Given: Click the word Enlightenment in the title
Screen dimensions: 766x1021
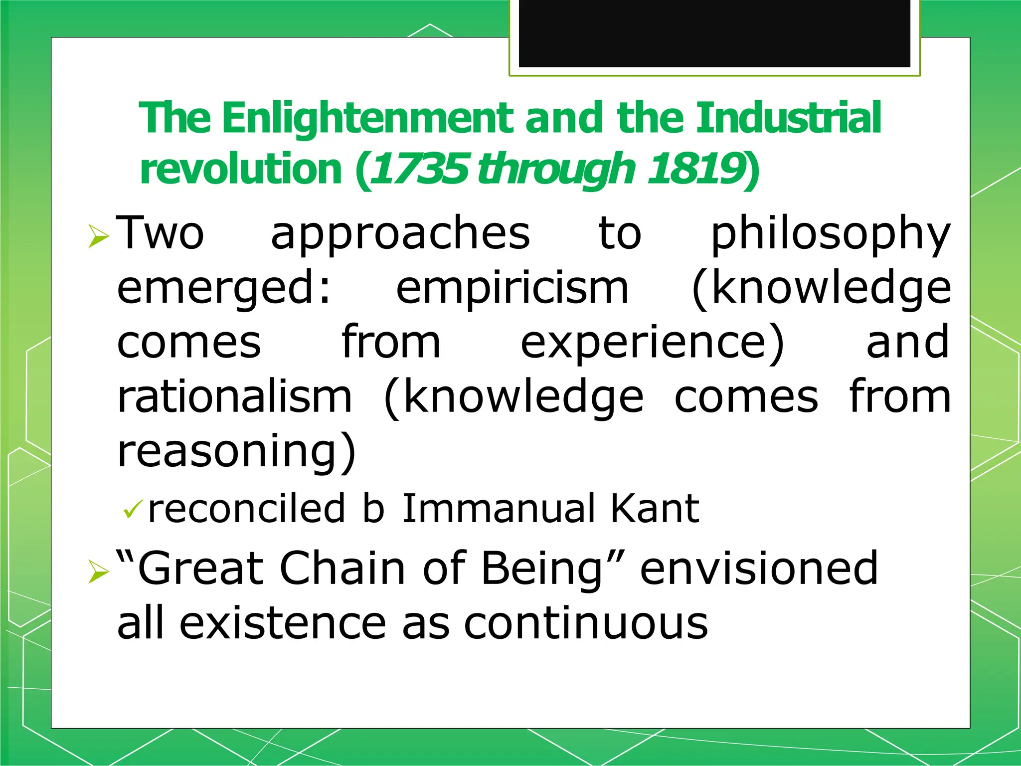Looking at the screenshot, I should pyautogui.click(x=368, y=118).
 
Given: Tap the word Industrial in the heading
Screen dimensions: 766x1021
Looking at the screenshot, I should pyautogui.click(x=788, y=118).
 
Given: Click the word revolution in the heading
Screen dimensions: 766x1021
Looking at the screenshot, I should pyautogui.click(x=241, y=169).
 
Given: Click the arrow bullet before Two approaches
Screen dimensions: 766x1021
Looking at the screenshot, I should pyautogui.click(x=98, y=236).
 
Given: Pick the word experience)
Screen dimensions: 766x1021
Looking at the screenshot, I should pyautogui.click(x=653, y=343).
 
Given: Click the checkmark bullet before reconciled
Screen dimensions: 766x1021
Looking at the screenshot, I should pyautogui.click(x=133, y=509).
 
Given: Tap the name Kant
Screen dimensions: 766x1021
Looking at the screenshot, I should pyautogui.click(x=655, y=508).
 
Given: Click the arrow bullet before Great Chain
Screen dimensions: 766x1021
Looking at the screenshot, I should pyautogui.click(x=98, y=571).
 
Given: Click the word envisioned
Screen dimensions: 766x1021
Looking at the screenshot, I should pyautogui.click(x=759, y=569).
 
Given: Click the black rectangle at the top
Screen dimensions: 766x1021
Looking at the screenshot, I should pyautogui.click(x=714, y=33).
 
